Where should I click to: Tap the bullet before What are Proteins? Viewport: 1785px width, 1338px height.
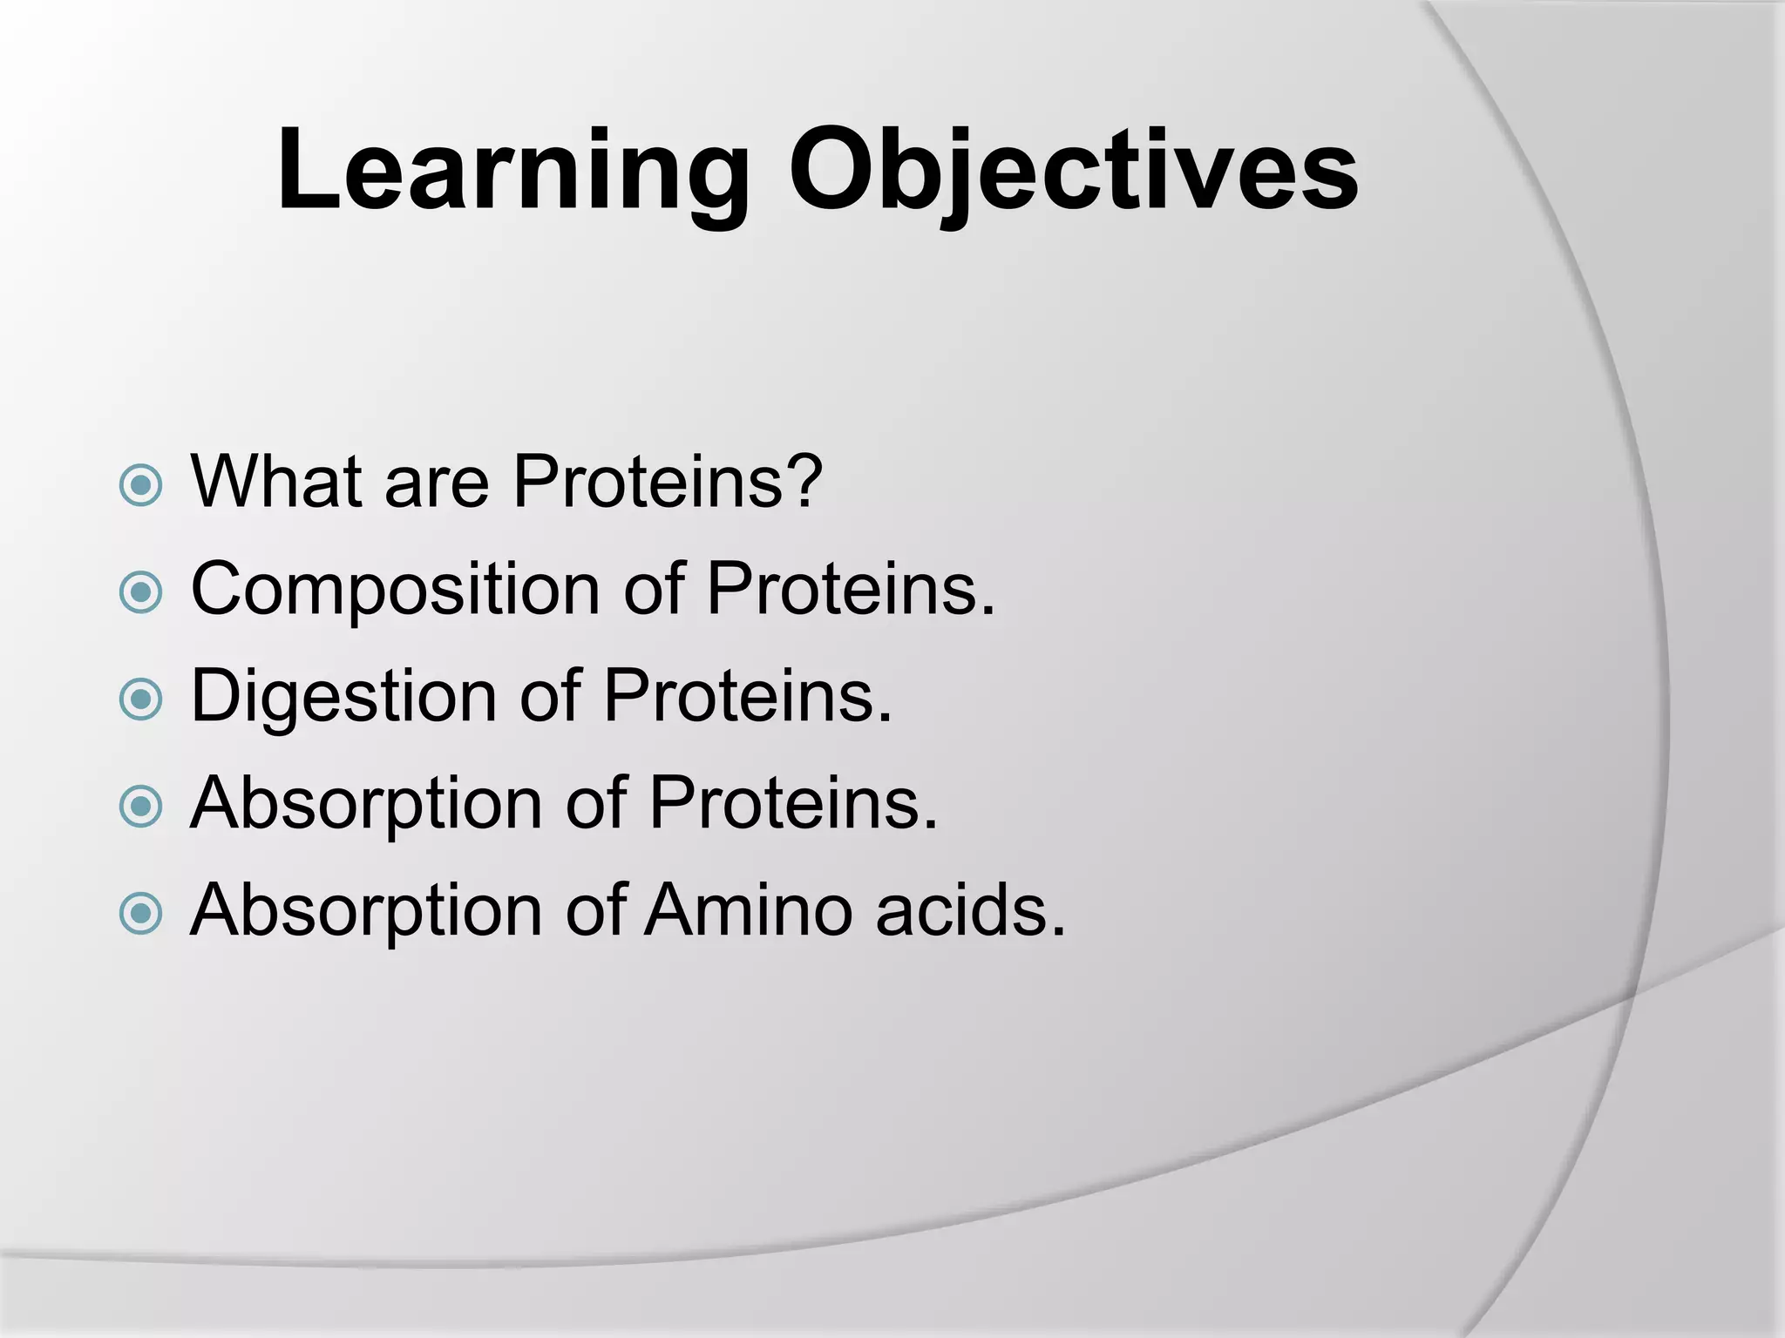140,485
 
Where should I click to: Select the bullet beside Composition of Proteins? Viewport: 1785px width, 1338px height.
140,593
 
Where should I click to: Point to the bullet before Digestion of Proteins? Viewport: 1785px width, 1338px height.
140,699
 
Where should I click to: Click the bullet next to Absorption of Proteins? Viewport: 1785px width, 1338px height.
140,807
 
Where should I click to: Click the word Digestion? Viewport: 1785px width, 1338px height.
343,697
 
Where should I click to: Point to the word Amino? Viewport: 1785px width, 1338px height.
749,910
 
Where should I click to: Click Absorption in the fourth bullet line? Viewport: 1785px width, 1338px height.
366,805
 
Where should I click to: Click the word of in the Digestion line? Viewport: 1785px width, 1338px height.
549,697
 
